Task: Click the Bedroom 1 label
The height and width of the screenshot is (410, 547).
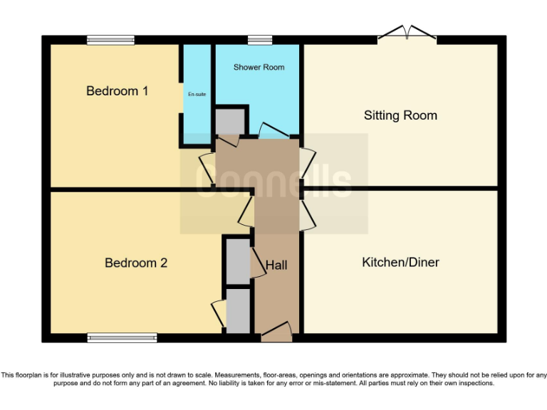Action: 118,91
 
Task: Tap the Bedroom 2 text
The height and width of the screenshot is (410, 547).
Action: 136,263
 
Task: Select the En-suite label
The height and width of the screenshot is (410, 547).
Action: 197,94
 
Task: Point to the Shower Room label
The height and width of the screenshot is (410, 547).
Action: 259,68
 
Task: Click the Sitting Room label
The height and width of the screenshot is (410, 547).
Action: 400,115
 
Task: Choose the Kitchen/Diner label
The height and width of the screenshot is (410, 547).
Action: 400,263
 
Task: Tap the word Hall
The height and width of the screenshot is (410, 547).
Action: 276,266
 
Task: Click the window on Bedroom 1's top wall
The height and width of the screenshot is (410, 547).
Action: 111,40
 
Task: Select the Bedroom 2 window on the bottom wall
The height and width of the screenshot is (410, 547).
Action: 122,337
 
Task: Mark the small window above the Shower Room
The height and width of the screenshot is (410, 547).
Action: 260,40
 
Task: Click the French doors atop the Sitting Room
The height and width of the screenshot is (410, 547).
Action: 407,34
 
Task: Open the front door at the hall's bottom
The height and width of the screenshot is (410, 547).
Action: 276,331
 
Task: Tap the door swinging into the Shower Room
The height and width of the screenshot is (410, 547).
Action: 273,132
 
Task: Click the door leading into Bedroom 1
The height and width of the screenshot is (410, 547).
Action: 206,167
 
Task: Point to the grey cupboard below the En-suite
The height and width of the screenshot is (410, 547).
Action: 229,121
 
